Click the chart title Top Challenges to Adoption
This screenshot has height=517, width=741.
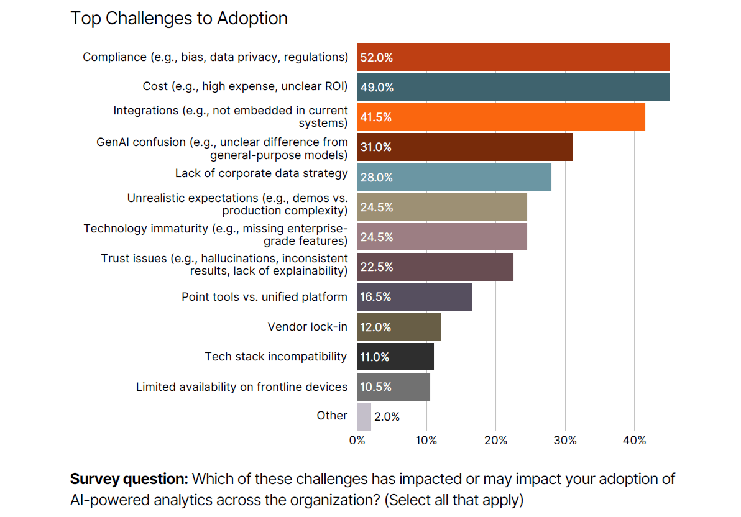[179, 18]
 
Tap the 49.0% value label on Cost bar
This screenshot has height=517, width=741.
[377, 88]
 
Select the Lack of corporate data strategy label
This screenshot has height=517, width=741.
[261, 173]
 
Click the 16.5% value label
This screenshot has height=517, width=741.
[376, 297]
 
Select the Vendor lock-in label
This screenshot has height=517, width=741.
[307, 326]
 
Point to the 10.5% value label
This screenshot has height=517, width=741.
[376, 387]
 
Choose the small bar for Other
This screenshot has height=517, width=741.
[364, 416]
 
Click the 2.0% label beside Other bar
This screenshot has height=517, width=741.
[387, 417]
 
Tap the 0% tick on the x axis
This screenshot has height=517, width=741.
[357, 441]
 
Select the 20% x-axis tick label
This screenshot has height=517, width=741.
[495, 441]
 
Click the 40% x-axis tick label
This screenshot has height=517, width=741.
[634, 441]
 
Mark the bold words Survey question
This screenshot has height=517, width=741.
[129, 479]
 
